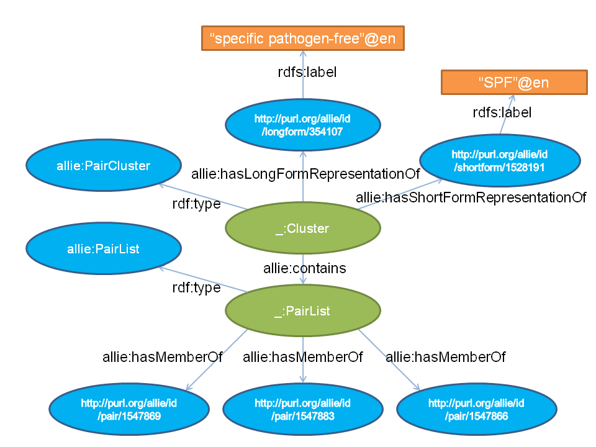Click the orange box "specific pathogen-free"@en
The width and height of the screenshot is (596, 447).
click(302, 38)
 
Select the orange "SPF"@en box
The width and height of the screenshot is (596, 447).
click(514, 83)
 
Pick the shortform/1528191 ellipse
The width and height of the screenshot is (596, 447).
click(499, 160)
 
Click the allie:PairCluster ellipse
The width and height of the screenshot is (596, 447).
click(104, 166)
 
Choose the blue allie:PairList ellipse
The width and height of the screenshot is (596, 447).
click(104, 249)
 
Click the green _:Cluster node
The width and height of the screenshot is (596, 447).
click(302, 228)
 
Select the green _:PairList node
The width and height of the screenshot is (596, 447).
click(302, 312)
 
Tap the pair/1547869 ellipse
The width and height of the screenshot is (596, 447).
click(129, 410)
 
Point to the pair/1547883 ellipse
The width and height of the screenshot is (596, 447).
click(302, 410)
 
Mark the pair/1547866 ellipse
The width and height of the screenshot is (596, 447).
click(476, 410)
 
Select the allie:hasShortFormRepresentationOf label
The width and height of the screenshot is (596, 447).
click(471, 197)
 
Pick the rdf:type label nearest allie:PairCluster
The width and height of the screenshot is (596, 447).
click(196, 204)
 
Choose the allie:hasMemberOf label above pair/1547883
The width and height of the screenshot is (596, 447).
click(302, 357)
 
